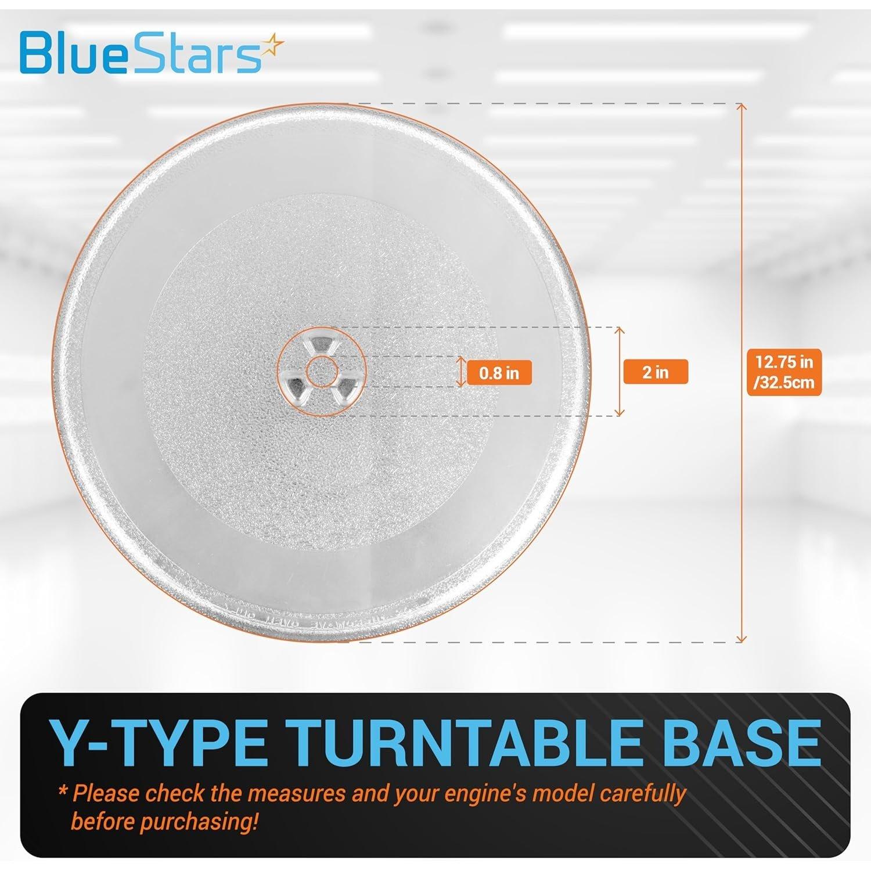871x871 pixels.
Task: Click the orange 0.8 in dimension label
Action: (499, 373)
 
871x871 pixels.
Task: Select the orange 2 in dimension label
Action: (655, 372)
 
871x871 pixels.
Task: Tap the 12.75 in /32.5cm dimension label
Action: (784, 372)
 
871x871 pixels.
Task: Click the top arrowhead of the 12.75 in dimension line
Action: (740, 107)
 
